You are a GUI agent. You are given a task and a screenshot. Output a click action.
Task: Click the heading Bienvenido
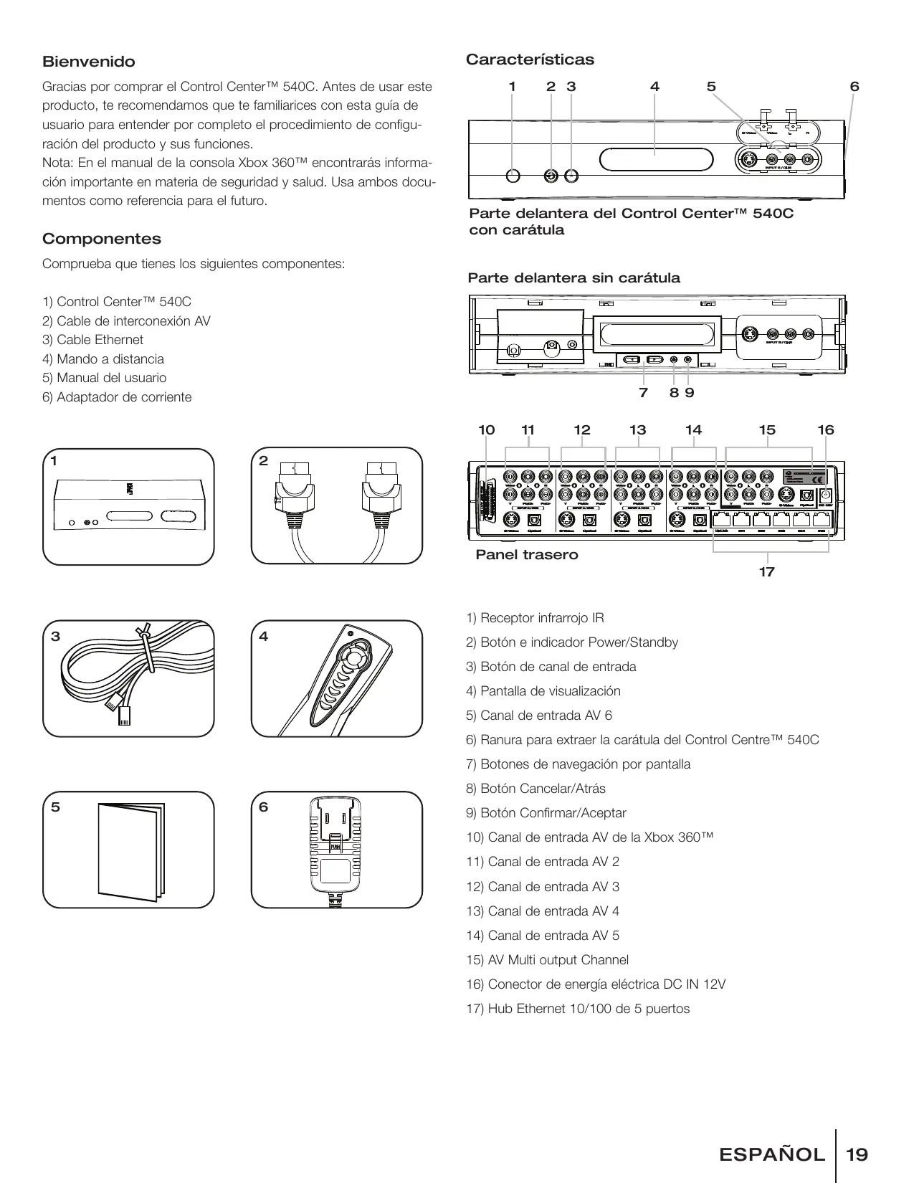[x=88, y=62]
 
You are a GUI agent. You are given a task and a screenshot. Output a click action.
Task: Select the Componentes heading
[x=102, y=239]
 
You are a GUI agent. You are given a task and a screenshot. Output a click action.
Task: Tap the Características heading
[x=530, y=60]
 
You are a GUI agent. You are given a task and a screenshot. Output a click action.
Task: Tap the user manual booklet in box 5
[x=129, y=850]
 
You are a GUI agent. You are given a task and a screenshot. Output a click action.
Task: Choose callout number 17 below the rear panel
[x=766, y=571]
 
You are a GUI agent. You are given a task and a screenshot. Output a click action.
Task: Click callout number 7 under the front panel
[x=643, y=392]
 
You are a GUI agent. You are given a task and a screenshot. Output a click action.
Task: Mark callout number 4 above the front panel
[x=654, y=87]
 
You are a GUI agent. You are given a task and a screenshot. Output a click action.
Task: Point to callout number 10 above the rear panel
[x=487, y=430]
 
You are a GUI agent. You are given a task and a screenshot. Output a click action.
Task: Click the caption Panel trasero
[x=527, y=555]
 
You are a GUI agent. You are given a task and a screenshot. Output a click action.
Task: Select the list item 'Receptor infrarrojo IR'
[x=535, y=618]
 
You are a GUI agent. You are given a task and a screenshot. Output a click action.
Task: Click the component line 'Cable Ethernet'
[x=92, y=340]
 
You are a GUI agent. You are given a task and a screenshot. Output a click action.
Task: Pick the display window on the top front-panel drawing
[x=655, y=159]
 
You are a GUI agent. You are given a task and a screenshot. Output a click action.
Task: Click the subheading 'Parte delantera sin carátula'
[x=573, y=278]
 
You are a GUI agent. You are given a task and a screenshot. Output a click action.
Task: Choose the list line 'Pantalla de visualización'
[x=543, y=691]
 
